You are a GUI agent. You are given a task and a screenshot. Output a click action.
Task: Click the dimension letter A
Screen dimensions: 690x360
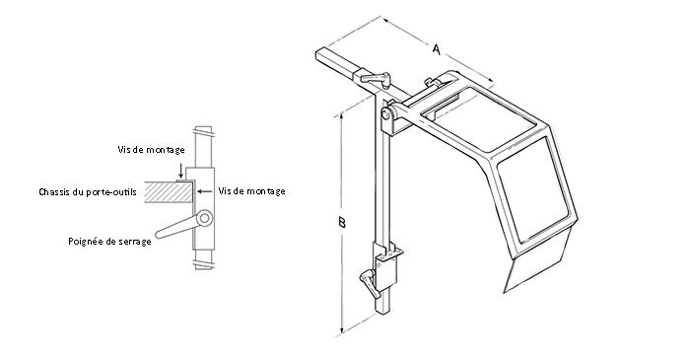(x=436, y=49)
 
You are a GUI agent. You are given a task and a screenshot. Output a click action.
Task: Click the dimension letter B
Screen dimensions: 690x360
(x=341, y=222)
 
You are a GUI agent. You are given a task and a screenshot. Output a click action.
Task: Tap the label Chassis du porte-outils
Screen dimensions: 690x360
(x=88, y=192)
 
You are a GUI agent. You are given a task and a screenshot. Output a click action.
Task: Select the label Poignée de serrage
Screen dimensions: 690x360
(x=109, y=242)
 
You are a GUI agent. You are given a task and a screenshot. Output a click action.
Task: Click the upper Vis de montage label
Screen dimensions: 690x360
(x=151, y=150)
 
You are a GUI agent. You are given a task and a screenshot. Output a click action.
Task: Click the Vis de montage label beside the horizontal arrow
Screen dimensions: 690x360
(x=251, y=191)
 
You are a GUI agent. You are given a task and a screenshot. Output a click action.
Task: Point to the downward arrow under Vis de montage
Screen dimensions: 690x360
(x=180, y=171)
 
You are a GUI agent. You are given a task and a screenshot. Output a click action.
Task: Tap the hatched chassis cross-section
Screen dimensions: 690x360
(x=169, y=192)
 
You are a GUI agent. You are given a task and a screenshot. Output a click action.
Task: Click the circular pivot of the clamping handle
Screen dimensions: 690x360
(x=204, y=218)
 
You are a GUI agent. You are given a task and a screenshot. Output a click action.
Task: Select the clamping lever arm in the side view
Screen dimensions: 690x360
(x=176, y=228)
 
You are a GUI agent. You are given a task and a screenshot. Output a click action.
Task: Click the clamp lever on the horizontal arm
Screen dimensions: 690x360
(x=374, y=78)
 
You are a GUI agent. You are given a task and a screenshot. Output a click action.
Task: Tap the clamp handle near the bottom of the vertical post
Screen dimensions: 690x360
(x=367, y=282)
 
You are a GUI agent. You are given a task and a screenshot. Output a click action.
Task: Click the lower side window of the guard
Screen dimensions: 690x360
(x=532, y=190)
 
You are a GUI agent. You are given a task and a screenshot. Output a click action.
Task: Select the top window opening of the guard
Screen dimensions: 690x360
(x=478, y=118)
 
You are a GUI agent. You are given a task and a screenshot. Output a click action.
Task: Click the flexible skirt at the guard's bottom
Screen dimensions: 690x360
(x=539, y=260)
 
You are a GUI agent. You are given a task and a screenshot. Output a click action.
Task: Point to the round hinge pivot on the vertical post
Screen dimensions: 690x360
(x=386, y=114)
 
